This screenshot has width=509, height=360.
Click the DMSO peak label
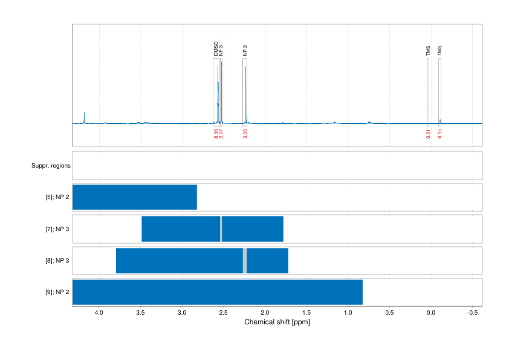[216, 49]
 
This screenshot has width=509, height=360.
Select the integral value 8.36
[216, 134]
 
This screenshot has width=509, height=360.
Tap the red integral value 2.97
[221, 134]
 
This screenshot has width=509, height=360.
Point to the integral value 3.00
[245, 134]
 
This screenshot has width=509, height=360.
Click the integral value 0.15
[439, 134]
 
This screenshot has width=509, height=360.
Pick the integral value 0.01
[428, 134]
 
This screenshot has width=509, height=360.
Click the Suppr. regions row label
[51, 165]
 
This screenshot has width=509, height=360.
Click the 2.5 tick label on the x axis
[224, 313]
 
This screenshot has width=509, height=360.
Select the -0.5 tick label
[473, 313]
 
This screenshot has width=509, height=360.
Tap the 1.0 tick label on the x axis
[348, 313]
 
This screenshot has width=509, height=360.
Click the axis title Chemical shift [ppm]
[277, 322]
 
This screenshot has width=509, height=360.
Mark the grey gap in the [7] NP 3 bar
[221, 229]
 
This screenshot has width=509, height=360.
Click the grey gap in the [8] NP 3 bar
[245, 260]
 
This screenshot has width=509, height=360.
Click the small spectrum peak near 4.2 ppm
[84, 116]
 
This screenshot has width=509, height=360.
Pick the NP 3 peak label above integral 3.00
[245, 50]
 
